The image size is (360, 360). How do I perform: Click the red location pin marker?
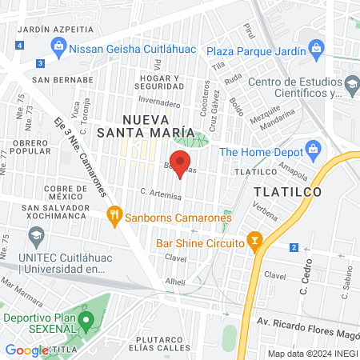click(180, 162)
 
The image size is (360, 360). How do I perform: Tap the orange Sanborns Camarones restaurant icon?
click(114, 214)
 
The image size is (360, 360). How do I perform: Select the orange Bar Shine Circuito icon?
click(254, 239)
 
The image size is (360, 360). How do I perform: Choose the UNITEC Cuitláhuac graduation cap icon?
click(35, 235)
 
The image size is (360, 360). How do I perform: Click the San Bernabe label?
click(58, 79)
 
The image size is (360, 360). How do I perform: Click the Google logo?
click(27, 350)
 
